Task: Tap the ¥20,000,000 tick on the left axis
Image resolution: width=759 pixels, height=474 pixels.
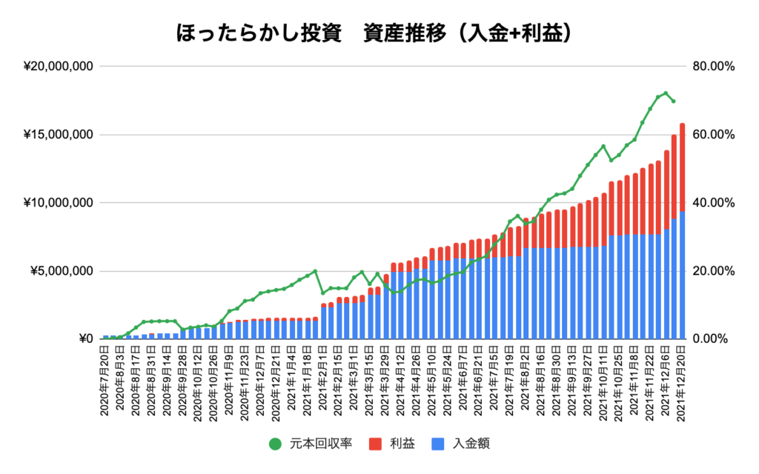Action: click(x=59, y=67)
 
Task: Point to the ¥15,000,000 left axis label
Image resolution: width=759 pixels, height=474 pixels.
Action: click(x=59, y=135)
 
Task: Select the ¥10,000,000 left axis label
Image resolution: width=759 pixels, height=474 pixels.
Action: click(x=59, y=203)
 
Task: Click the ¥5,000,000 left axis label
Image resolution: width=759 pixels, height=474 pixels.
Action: click(x=62, y=271)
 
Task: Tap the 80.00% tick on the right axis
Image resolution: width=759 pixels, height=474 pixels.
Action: click(x=713, y=67)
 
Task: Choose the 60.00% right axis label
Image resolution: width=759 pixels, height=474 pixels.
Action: click(x=713, y=135)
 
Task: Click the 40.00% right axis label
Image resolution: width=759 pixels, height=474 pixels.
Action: click(x=713, y=203)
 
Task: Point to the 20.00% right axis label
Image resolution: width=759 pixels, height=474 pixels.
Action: click(x=713, y=271)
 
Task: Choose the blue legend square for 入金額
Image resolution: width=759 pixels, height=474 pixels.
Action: click(x=437, y=444)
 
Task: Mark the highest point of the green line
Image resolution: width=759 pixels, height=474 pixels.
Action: click(x=666, y=93)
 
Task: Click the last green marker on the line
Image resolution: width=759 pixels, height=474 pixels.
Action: click(x=673, y=101)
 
